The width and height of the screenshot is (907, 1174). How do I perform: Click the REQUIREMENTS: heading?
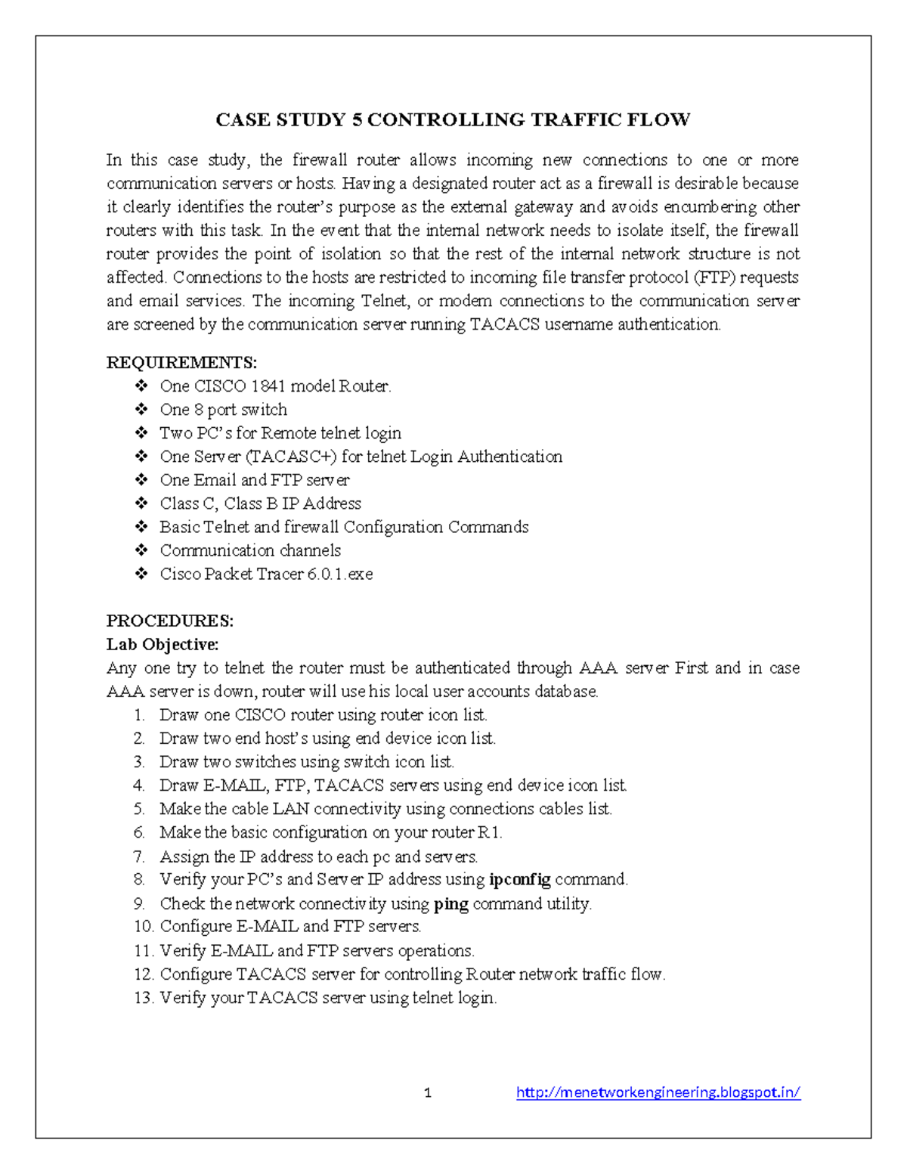pyautogui.click(x=181, y=363)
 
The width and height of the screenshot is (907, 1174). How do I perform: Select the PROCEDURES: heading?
pyautogui.click(x=169, y=621)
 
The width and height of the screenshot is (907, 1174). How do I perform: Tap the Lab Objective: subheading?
pyautogui.click(x=163, y=645)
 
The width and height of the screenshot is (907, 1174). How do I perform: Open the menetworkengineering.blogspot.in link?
pyautogui.click(x=658, y=1092)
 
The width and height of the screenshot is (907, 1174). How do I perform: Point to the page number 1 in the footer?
pyautogui.click(x=428, y=1093)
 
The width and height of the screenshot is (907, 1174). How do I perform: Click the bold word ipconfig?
pyautogui.click(x=520, y=879)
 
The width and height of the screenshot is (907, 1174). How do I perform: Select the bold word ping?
pyautogui.click(x=451, y=904)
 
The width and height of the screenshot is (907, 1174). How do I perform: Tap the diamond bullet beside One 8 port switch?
pyautogui.click(x=141, y=410)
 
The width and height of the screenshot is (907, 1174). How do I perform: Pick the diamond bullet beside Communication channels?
pyautogui.click(x=141, y=550)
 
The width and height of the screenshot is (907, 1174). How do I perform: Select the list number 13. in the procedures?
pyautogui.click(x=144, y=998)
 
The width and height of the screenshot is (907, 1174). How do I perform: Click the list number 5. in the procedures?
pyautogui.click(x=139, y=809)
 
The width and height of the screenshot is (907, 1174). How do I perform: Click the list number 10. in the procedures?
pyautogui.click(x=144, y=927)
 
